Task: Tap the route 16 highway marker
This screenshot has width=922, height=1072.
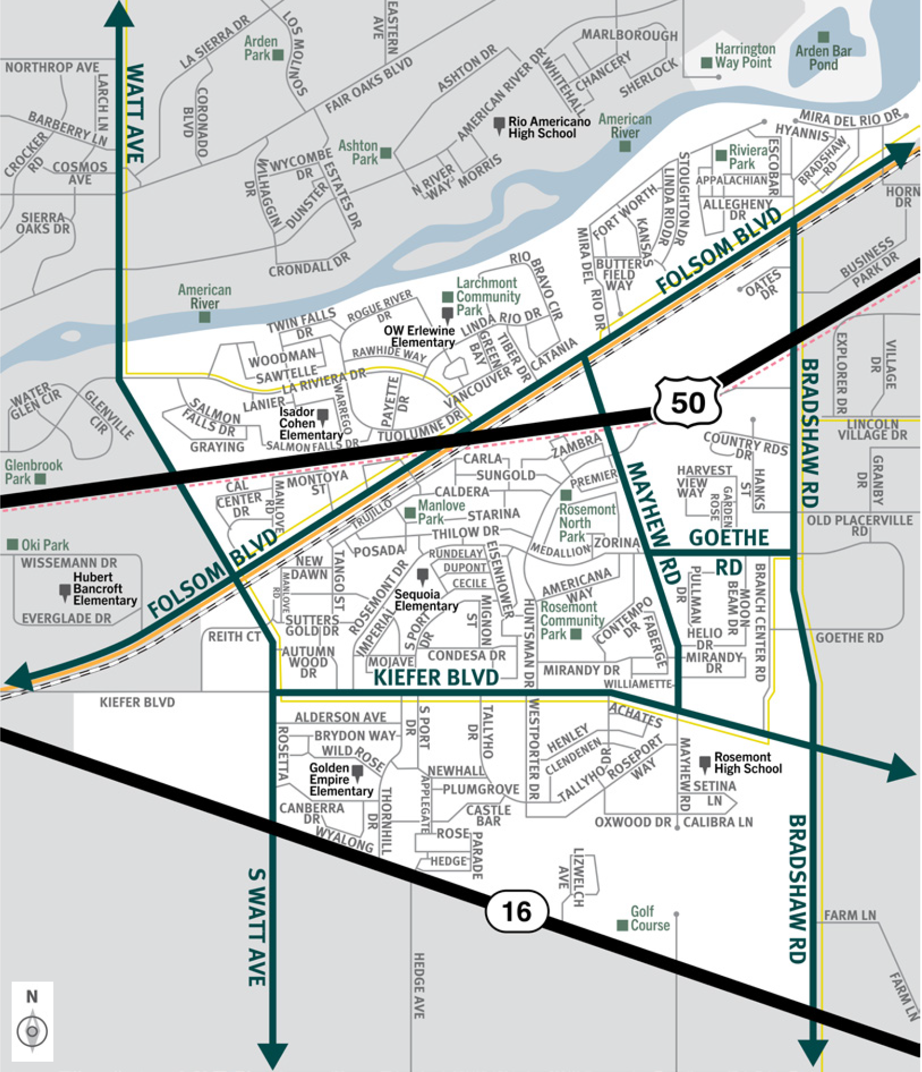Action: coord(516,911)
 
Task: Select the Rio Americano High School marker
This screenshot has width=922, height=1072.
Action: coord(499,125)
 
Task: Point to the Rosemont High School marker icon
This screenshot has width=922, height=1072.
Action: coord(704,763)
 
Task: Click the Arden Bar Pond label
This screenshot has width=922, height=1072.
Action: coord(823,58)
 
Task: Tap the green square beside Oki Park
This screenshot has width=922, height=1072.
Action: coord(13,544)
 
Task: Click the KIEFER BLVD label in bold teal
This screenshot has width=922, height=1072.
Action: coord(436,677)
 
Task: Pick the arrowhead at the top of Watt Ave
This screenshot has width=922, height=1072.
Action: coord(119,14)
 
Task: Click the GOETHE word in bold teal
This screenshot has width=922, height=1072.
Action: coord(728,538)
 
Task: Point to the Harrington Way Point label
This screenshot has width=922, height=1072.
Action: coord(744,56)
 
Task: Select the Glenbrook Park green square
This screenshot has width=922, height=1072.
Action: coord(40,479)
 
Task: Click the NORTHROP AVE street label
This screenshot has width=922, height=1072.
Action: coord(52,67)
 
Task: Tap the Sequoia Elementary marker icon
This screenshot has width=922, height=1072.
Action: coord(423,576)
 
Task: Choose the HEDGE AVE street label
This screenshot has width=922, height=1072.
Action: coord(419,985)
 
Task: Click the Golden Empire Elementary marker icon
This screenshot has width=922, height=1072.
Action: coord(357,772)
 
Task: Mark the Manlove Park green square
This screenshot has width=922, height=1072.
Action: coord(410,513)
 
